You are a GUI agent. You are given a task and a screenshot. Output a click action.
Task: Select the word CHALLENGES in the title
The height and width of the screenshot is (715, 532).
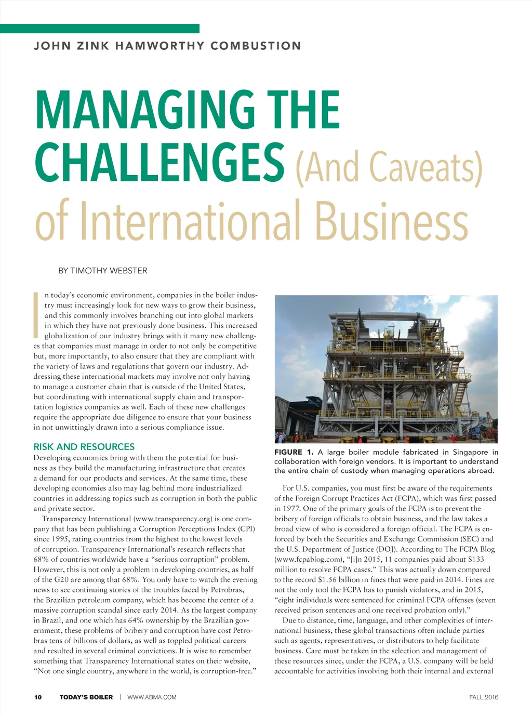click(x=159, y=162)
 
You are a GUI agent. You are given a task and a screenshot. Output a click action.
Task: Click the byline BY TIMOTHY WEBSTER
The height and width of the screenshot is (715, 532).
click(x=103, y=271)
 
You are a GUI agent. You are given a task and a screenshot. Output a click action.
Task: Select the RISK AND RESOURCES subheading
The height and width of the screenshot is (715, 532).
click(x=84, y=447)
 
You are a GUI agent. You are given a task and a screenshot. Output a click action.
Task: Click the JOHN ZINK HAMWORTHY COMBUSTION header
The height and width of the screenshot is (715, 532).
click(x=167, y=46)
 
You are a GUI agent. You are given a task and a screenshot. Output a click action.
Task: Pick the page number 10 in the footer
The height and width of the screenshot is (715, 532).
click(x=38, y=697)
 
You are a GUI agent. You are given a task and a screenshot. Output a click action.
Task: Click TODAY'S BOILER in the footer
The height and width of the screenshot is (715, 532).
click(x=86, y=697)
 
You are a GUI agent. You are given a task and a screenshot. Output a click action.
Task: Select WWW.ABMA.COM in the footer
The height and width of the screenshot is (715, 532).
click(x=152, y=697)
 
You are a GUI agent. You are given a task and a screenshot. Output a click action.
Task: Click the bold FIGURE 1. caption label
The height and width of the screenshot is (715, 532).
click(x=294, y=452)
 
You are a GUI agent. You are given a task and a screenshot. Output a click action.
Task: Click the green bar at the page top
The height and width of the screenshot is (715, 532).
click(x=99, y=29)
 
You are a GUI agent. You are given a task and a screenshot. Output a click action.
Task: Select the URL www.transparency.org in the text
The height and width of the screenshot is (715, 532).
click(x=174, y=519)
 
